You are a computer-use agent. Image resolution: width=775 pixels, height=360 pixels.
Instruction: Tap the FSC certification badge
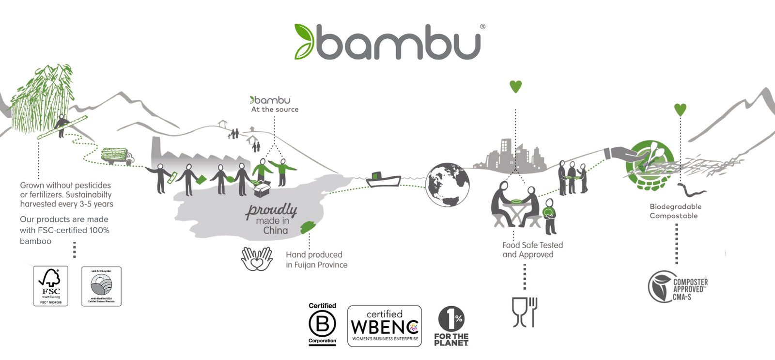[50, 286]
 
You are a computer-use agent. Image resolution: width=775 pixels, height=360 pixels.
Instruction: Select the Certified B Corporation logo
[322, 324]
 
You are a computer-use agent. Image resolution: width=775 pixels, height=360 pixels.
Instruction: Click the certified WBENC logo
[385, 326]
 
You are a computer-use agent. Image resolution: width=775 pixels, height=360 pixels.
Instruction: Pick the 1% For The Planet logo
[451, 326]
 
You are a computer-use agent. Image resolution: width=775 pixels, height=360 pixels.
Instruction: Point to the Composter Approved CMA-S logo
[678, 287]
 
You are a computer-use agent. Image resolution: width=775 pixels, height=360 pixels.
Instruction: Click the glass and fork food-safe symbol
[525, 312]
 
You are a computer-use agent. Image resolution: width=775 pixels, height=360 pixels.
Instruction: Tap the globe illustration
[447, 185]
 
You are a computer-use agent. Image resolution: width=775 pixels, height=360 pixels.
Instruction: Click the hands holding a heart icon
[257, 259]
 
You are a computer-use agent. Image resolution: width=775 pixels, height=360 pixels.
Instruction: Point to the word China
[275, 231]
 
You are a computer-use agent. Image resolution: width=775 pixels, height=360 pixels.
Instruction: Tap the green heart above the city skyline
[515, 87]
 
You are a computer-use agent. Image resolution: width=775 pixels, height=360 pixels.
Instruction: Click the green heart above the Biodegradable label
[680, 110]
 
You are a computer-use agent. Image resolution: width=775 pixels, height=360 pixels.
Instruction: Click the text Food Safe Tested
[532, 245]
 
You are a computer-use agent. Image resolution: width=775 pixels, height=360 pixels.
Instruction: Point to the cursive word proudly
[271, 210]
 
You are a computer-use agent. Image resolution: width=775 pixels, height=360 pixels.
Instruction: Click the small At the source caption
[275, 110]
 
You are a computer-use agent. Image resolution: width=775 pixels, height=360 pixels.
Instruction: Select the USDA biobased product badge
[101, 286]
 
